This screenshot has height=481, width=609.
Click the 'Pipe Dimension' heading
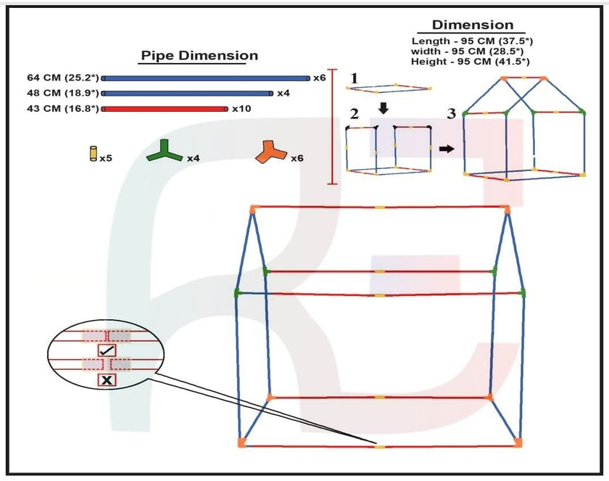199,56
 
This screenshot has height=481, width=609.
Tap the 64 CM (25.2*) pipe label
62,78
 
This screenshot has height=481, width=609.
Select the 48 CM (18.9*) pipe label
62,94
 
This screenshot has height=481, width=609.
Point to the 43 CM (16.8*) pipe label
62,109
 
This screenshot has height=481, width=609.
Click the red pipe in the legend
165,109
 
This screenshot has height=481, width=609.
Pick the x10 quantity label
241,109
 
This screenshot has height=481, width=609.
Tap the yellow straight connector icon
94,154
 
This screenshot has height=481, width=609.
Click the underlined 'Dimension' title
473,25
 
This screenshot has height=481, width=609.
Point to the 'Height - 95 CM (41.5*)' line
470,62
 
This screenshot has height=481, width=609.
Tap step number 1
354,78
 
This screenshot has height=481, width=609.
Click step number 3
451,114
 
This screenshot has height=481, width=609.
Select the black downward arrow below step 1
384,108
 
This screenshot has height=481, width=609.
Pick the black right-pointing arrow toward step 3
447,149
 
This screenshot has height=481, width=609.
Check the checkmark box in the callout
107,350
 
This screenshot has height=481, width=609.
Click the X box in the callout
107,379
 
